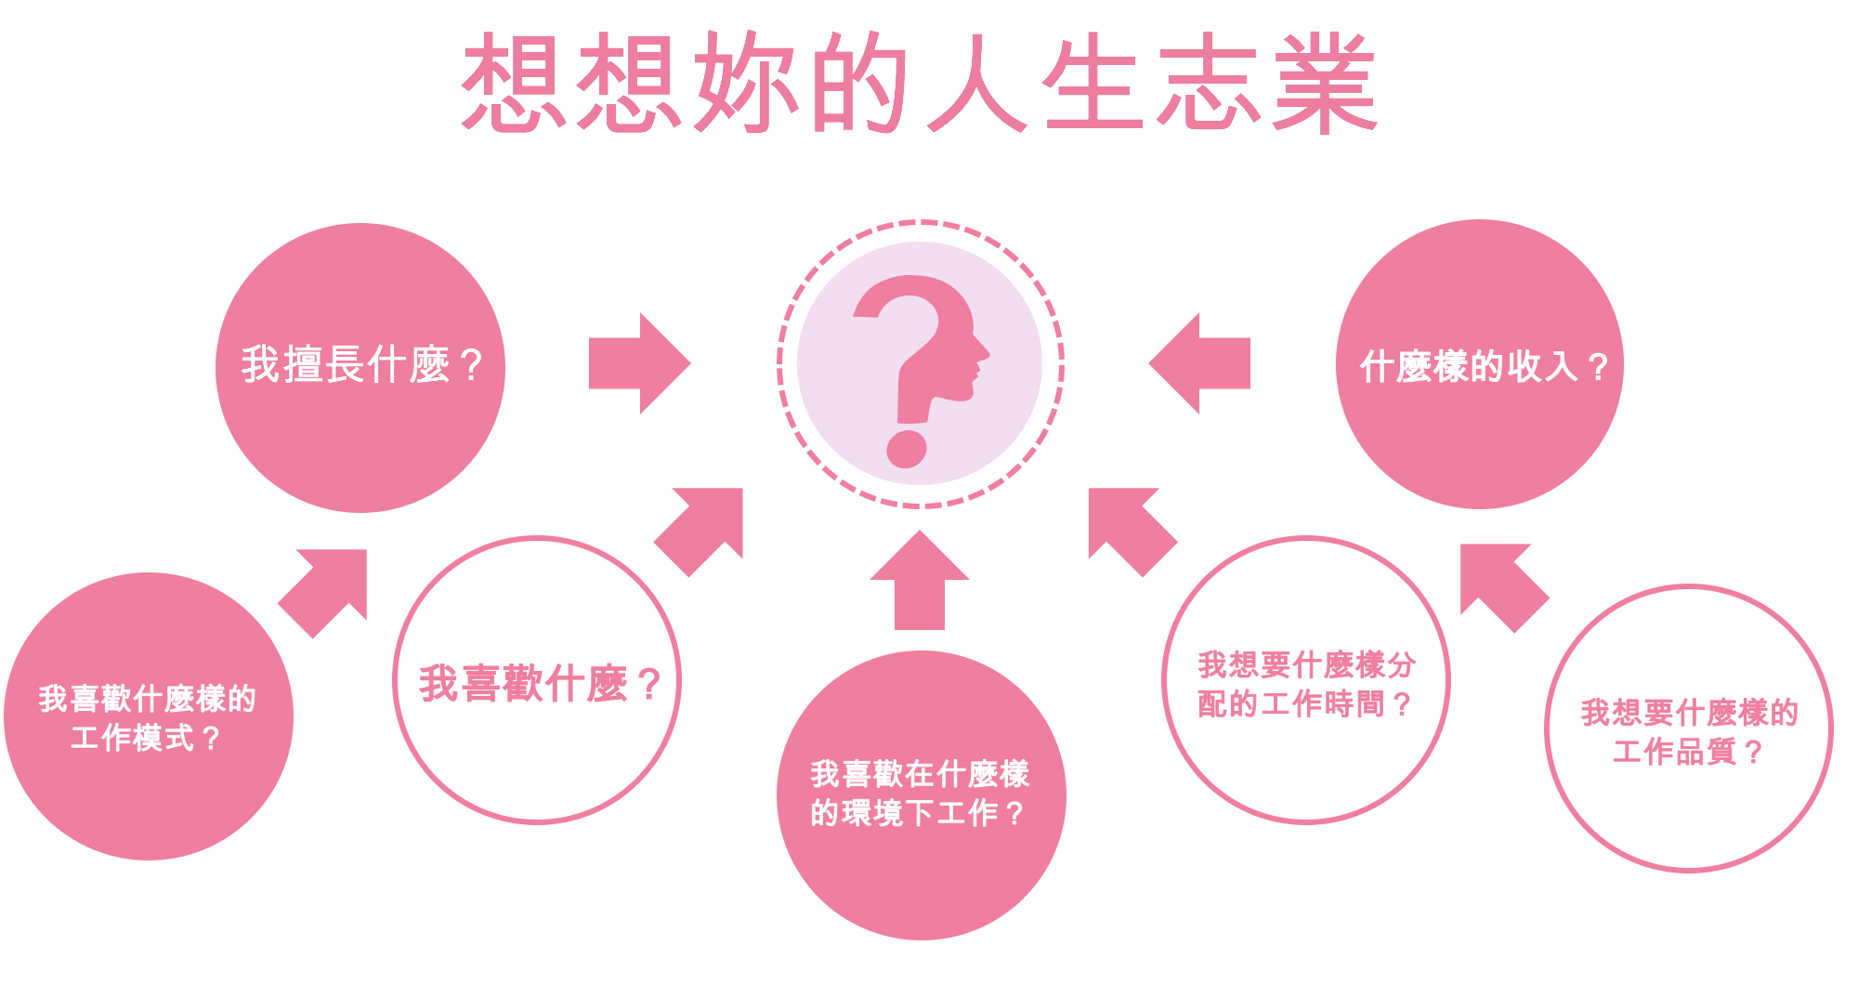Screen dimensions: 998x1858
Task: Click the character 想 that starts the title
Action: [x=514, y=82]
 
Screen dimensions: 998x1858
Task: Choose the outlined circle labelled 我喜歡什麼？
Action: [x=537, y=743]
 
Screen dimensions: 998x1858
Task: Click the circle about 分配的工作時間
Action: [x=1306, y=762]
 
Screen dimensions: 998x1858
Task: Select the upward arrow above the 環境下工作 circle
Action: [x=920, y=581]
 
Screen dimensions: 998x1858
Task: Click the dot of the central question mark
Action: [x=907, y=449]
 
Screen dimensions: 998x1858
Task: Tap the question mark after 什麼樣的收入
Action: [x=1598, y=367]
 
